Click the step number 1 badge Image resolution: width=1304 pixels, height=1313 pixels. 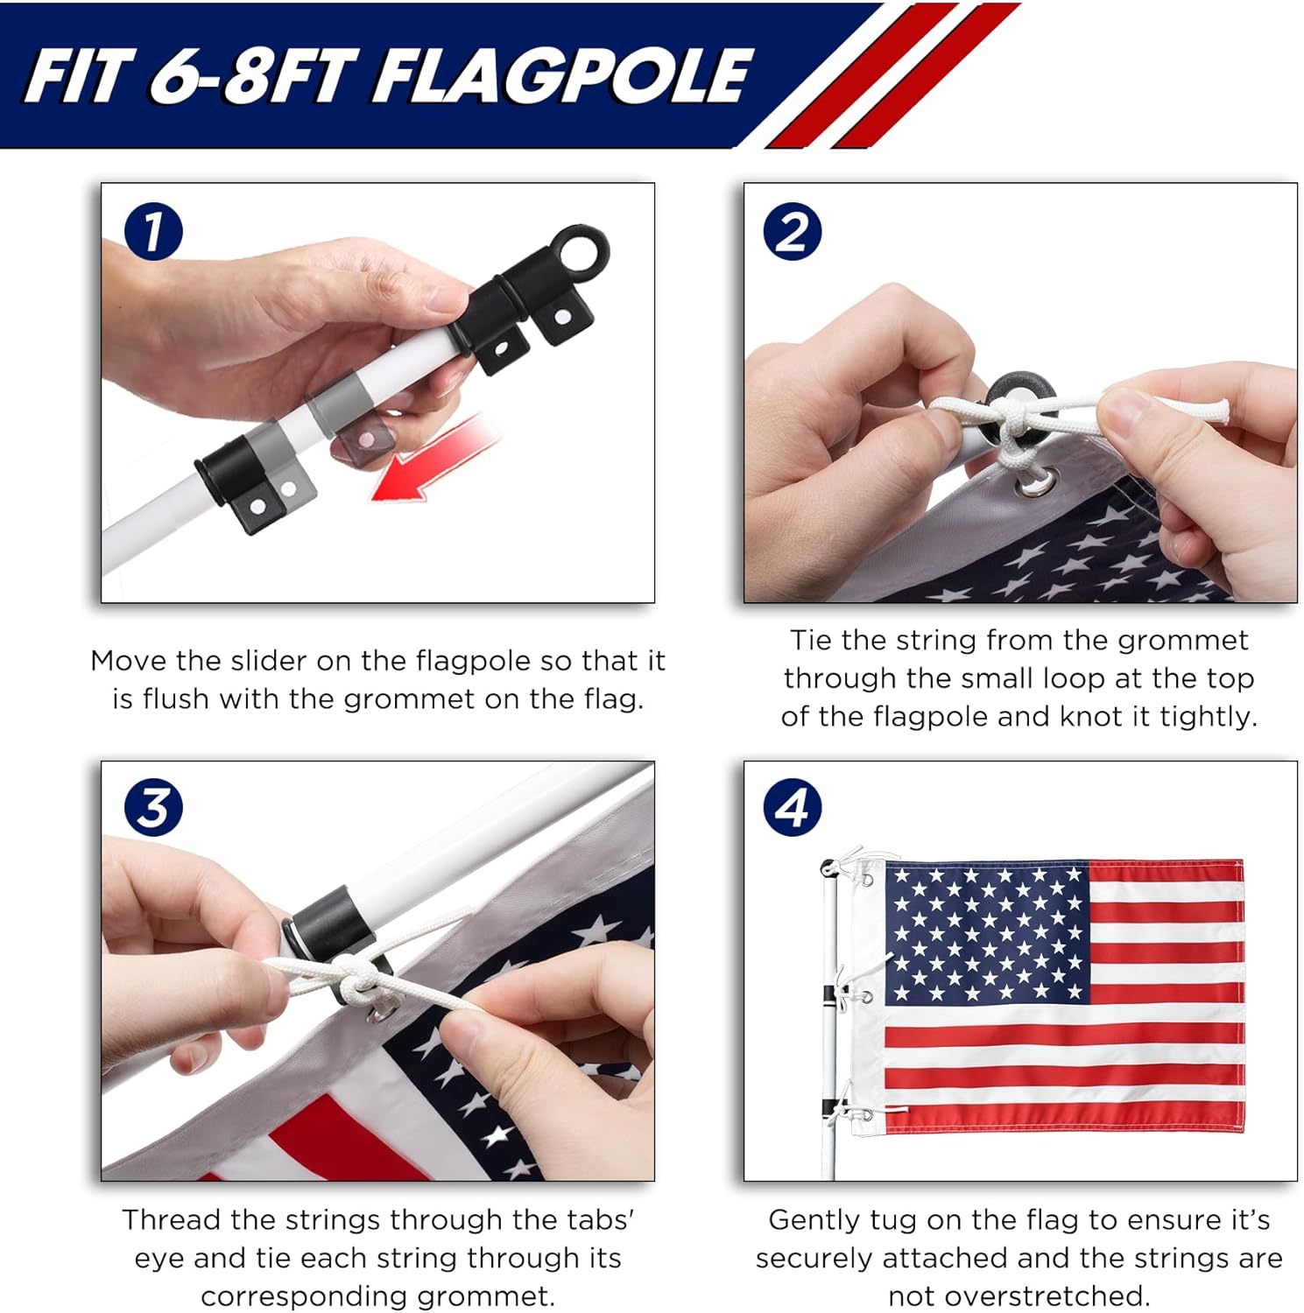[153, 231]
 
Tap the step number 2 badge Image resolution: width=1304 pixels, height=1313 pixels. [793, 231]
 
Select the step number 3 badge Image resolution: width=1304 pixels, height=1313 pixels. [153, 807]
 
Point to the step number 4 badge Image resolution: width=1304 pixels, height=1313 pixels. [793, 807]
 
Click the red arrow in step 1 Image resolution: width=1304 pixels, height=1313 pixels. [434, 460]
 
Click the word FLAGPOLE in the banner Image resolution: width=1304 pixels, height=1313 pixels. [563, 75]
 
